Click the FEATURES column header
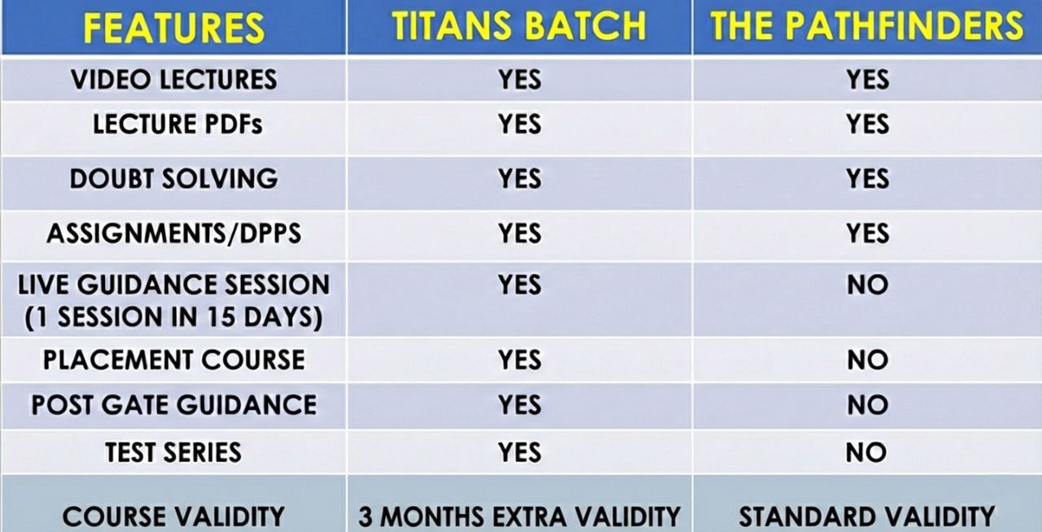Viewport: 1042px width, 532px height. [173, 28]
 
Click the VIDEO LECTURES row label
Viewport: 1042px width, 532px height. [174, 80]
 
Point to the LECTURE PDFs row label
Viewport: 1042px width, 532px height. [177, 124]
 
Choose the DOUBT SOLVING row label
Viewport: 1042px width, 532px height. [173, 179]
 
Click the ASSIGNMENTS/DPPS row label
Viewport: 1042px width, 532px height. [174, 233]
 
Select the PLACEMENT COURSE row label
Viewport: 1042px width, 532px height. [174, 360]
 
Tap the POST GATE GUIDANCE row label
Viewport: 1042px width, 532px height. [174, 404]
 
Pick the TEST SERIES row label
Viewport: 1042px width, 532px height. [173, 452]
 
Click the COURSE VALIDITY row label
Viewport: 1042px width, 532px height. [173, 517]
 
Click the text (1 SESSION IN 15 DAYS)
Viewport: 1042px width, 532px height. [173, 317]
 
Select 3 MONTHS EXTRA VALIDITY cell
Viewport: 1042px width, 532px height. [519, 517]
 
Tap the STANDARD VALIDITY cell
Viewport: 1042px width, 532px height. [867, 517]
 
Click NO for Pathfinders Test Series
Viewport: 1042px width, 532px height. [867, 452]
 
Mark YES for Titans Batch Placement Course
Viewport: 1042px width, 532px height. [520, 360]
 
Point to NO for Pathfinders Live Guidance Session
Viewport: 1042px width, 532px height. [867, 285]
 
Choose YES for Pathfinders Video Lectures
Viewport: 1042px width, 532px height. [868, 80]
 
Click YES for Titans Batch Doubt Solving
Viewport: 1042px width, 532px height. [520, 179]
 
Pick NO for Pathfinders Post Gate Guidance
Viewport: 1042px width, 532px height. [867, 404]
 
